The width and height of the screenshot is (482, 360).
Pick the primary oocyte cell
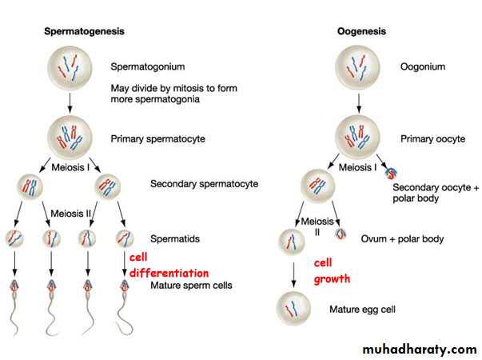357,138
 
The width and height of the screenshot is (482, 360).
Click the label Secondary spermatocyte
204,184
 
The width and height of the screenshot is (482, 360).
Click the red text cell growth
332,271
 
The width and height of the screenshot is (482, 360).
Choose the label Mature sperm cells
191,284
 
